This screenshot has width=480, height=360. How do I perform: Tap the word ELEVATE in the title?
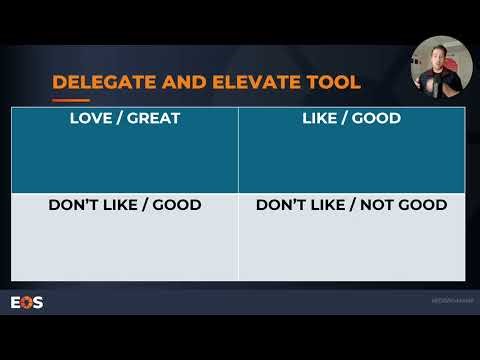pos(230,81)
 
